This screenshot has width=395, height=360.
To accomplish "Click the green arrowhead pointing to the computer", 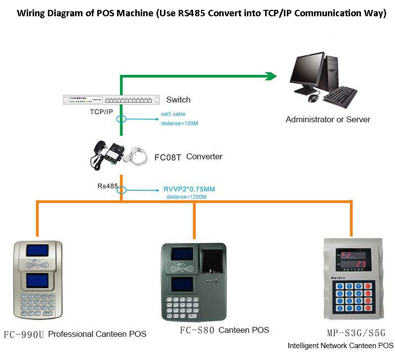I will [271, 76].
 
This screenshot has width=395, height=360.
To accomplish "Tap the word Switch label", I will [178, 100].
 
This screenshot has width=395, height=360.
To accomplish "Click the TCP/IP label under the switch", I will [101, 112].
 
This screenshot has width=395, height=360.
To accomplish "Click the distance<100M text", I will [179, 123].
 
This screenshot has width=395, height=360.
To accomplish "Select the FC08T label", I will [168, 157].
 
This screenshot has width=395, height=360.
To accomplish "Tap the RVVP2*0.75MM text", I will [189, 189].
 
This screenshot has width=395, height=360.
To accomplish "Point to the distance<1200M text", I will [186, 197].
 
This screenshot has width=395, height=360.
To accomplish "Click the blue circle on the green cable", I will [121, 119].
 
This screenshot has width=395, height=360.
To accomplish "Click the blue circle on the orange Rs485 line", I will [121, 190].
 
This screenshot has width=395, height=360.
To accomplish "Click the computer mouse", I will [313, 98].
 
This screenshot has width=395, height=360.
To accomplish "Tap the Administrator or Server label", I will [328, 119].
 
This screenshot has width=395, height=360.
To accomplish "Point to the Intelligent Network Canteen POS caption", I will [340, 346].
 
